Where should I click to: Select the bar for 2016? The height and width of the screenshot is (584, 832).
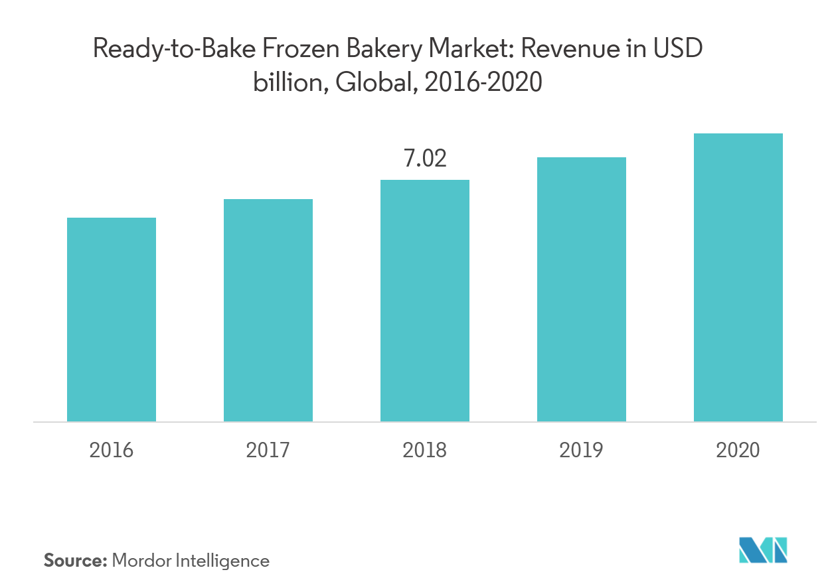[x=112, y=319]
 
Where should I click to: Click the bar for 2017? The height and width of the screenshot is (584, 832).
[x=268, y=310]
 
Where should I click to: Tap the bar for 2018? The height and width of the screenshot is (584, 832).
[x=425, y=301]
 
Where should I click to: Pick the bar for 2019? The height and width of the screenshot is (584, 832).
[x=582, y=289]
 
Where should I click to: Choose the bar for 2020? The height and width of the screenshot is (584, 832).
[x=738, y=277]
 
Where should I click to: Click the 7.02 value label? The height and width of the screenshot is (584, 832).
[x=425, y=159]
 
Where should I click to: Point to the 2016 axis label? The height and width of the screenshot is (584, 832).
[x=112, y=451]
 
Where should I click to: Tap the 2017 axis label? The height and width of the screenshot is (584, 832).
[x=268, y=451]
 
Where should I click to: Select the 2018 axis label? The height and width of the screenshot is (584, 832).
[x=425, y=451]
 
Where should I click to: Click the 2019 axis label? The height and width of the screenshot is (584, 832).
[x=582, y=451]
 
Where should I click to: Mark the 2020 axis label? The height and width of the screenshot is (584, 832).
[x=738, y=451]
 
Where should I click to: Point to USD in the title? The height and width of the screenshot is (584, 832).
[x=677, y=50]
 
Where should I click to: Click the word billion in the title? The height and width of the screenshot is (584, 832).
[x=289, y=83]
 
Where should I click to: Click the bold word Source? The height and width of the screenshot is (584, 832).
[x=74, y=561]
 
